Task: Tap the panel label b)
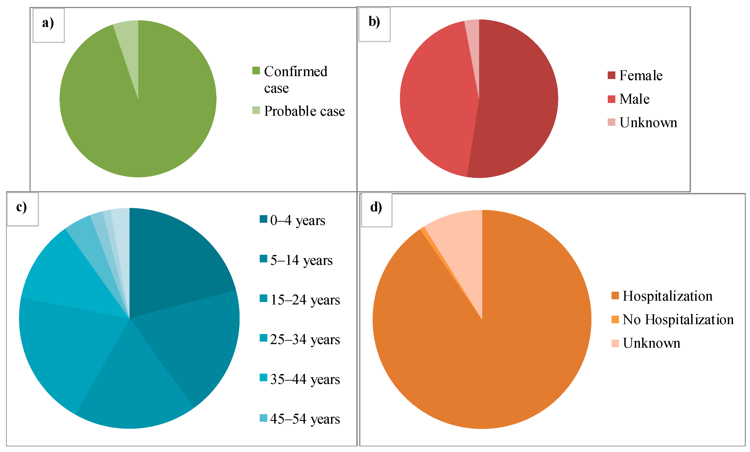374,22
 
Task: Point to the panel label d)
376,208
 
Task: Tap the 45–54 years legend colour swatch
263,418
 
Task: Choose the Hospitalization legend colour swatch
615,296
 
